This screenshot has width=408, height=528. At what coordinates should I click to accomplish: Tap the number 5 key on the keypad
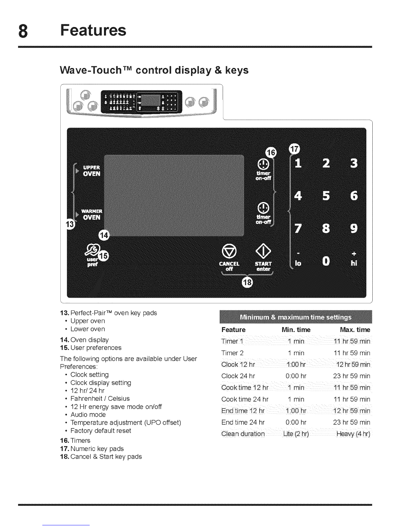click(x=326, y=196)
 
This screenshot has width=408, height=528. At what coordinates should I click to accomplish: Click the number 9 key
click(x=354, y=228)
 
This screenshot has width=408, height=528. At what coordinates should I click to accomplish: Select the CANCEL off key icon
click(x=229, y=251)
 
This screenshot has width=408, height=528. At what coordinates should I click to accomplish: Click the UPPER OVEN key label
click(x=91, y=171)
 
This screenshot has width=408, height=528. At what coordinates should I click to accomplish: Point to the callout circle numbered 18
click(x=247, y=282)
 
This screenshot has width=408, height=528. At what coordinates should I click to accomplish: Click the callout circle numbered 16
click(x=271, y=153)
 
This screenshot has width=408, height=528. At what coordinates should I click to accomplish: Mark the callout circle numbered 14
click(x=104, y=236)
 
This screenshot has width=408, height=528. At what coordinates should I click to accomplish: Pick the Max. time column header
click(x=355, y=330)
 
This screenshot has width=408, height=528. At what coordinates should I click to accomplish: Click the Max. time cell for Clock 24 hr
click(x=352, y=376)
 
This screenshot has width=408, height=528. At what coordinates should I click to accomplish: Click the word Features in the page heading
click(x=93, y=30)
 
